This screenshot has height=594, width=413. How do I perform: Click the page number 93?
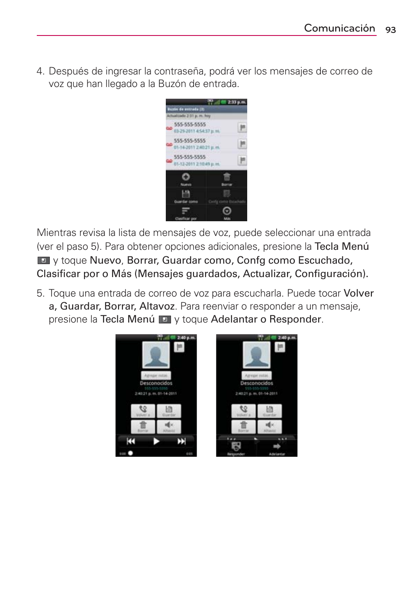pos(390,29)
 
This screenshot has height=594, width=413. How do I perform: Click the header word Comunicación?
pos(339,28)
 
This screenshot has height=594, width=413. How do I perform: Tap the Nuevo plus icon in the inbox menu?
pos(186,177)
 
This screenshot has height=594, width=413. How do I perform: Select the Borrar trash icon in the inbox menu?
pos(226,177)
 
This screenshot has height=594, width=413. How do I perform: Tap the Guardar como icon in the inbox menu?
pos(186,194)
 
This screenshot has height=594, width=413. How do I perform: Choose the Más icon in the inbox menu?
pos(226,211)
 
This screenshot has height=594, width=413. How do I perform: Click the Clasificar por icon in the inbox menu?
pos(186,211)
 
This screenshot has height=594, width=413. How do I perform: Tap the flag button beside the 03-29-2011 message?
pos(242,128)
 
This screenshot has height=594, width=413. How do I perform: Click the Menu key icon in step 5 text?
pos(165,320)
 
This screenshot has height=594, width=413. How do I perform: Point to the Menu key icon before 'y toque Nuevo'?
pos(43,260)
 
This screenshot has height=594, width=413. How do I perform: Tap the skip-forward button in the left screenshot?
pos(181,441)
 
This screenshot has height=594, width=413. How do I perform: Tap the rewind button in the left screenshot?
pos(131,441)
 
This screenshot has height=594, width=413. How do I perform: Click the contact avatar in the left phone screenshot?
pos(156,355)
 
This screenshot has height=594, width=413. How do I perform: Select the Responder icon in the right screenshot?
pos(236,446)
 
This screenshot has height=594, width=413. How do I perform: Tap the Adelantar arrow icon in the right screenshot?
pos(277,446)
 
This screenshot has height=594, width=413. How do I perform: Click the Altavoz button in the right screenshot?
pos(270,426)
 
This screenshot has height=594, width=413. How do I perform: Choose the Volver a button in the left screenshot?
pos(143,410)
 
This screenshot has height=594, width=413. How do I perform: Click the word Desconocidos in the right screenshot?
pos(257,383)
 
